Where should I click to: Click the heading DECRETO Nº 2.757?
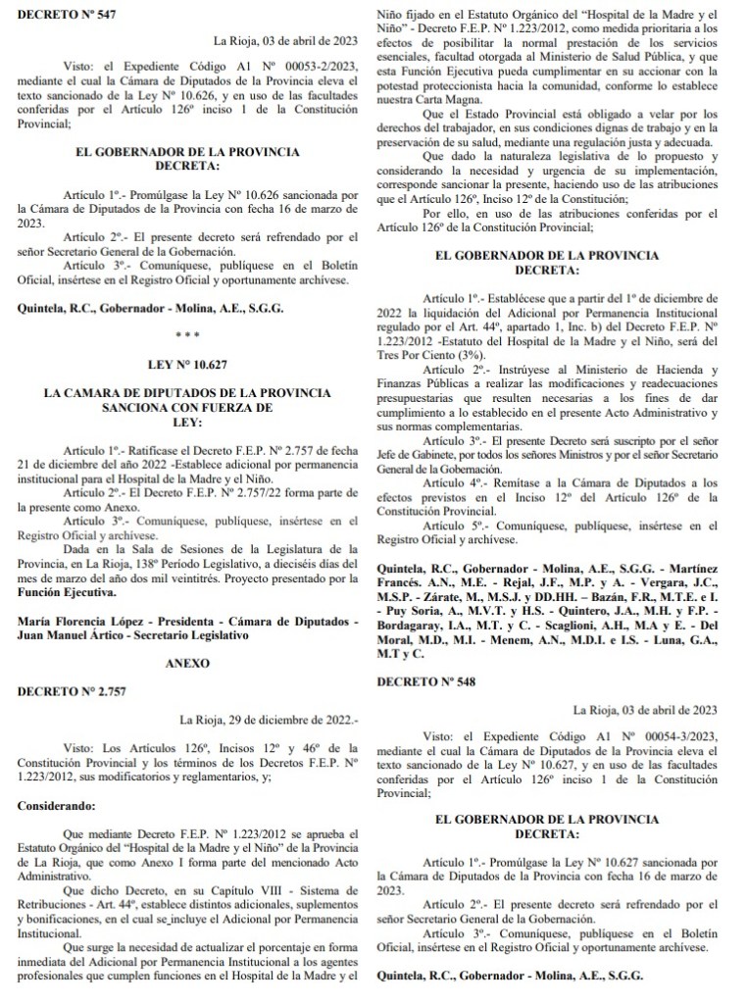pos(62,692)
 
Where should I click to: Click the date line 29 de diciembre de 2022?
pos(258,721)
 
